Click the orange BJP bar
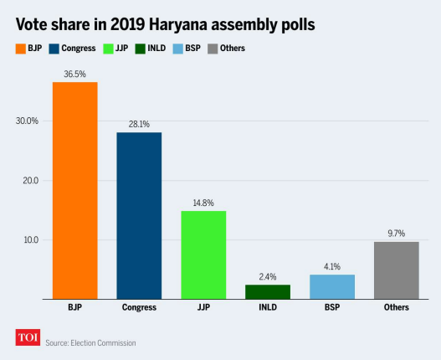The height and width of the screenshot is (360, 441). point(74,190)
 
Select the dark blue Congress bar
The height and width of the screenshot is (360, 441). point(139,215)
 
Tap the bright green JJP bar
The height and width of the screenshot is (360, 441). point(203,255)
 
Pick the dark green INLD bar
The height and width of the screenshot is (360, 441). point(268,291)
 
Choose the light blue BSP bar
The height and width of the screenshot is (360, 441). point(332,286)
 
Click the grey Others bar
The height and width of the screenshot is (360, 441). point(396,270)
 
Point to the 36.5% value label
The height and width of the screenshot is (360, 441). point(74,74)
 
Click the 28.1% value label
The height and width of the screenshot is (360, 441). point(139,124)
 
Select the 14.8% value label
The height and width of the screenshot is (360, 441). point(203,203)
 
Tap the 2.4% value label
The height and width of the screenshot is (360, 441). point(268,276)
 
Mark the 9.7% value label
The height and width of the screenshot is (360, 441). point(396,233)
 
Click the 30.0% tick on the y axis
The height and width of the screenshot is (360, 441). point(28,121)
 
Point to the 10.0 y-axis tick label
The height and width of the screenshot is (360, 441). point(29,239)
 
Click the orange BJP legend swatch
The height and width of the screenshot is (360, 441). point(21,48)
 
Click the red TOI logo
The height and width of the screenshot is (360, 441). point(28,337)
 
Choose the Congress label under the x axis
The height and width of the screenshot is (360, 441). point(139,309)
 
